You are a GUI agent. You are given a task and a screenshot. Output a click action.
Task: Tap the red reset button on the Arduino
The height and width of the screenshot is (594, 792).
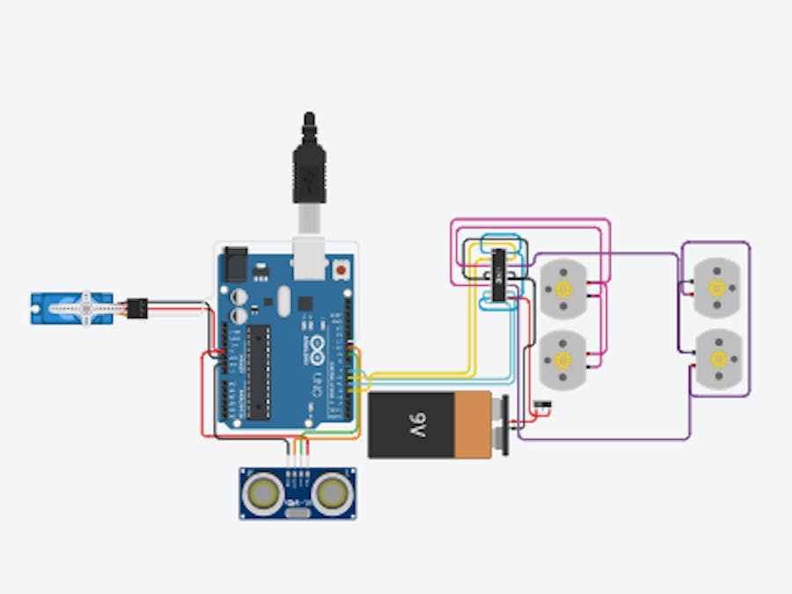coord(341,265)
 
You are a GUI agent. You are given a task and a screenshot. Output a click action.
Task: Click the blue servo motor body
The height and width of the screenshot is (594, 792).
coord(62,308)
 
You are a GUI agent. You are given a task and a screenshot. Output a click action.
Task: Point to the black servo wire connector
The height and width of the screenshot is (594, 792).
coord(136,308)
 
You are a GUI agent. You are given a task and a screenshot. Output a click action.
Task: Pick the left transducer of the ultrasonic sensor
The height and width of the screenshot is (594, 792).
coord(265,494)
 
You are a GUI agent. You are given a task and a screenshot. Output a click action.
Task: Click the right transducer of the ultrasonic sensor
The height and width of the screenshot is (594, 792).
coord(331,494)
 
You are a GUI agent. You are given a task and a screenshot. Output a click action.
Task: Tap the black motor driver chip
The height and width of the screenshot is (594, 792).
coord(500,275)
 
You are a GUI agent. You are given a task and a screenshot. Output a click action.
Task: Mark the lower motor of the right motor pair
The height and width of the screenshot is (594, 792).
coord(718,358)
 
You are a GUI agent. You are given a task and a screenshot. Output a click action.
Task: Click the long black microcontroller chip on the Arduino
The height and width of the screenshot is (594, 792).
coord(257,369)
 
